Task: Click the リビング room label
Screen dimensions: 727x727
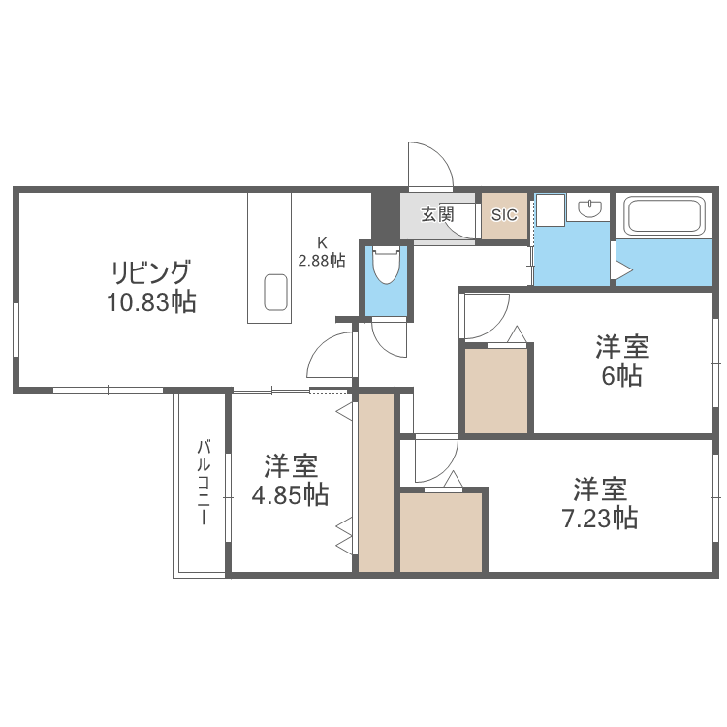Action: pos(151,271)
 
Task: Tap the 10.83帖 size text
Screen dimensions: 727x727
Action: pos(151,302)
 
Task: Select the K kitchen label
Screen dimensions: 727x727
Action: pos(321,242)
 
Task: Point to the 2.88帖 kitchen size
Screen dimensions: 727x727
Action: pos(321,260)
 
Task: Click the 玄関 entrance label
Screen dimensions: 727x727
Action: pos(438,214)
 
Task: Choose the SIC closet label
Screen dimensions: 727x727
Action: pos(505,215)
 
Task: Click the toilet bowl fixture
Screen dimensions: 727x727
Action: pos(385,264)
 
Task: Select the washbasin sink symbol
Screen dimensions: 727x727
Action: pos(589,207)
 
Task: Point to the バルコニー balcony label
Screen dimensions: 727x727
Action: pos(204,483)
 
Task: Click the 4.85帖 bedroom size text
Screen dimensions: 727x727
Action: pos(290,495)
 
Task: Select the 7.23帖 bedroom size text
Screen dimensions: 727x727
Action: pos(600,519)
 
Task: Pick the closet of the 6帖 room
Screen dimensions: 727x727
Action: pos(496,390)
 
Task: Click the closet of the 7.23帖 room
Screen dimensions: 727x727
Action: pos(441,532)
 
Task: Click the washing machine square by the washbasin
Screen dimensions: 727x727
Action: pos(551,208)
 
